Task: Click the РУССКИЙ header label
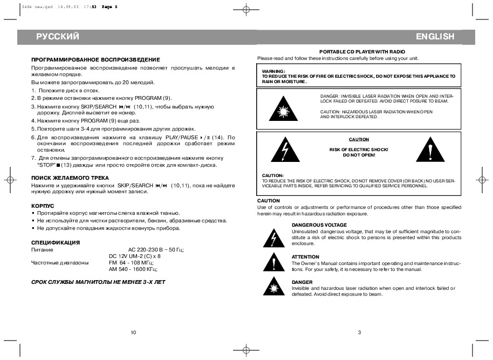pos(58,37)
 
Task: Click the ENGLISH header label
pos(435,37)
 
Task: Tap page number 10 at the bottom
pos(133,331)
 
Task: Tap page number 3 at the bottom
pos(359,331)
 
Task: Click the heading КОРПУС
pos(43,206)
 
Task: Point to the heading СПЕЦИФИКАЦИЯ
pos(56,242)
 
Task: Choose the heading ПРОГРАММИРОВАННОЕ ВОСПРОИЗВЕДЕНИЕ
pos(95,59)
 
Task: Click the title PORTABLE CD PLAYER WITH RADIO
pos(359,51)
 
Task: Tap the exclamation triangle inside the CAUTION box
pos(430,150)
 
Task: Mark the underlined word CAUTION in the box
pos(359,139)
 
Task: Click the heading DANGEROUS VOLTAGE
pos(319,225)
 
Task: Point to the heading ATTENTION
pos(305,256)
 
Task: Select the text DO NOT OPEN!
pos(359,155)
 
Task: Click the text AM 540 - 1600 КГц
pos(133,269)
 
